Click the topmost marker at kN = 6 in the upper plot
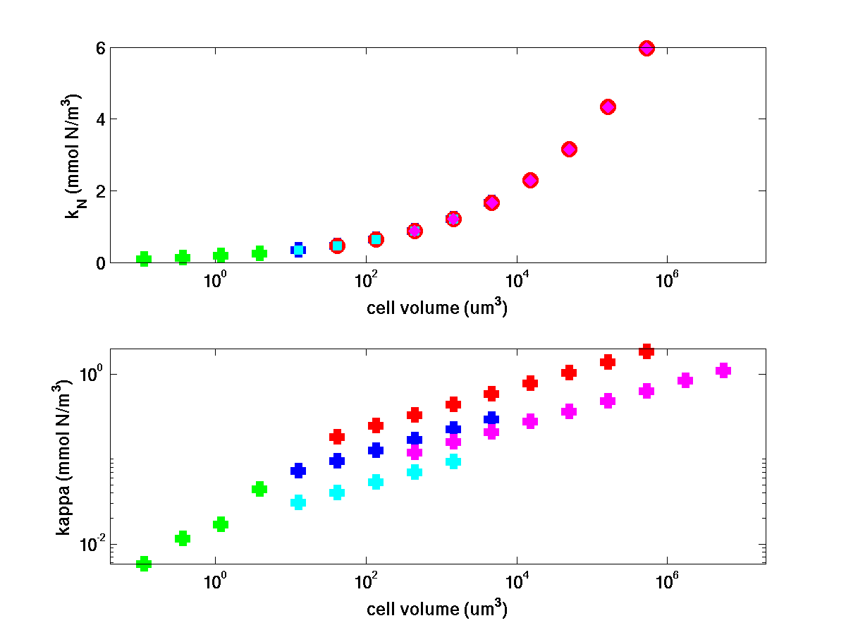tap(646, 48)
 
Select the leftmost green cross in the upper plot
tap(144, 259)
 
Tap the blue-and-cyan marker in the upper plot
tap(298, 249)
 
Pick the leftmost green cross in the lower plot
tap(144, 563)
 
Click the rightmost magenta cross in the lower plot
tap(723, 370)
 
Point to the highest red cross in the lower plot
tap(646, 351)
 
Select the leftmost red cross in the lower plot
tap(337, 437)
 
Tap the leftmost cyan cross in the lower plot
tap(298, 502)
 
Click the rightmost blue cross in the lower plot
tap(491, 418)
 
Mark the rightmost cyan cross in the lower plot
tap(453, 461)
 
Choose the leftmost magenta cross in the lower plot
tap(415, 452)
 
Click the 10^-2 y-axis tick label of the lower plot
tap(90, 544)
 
